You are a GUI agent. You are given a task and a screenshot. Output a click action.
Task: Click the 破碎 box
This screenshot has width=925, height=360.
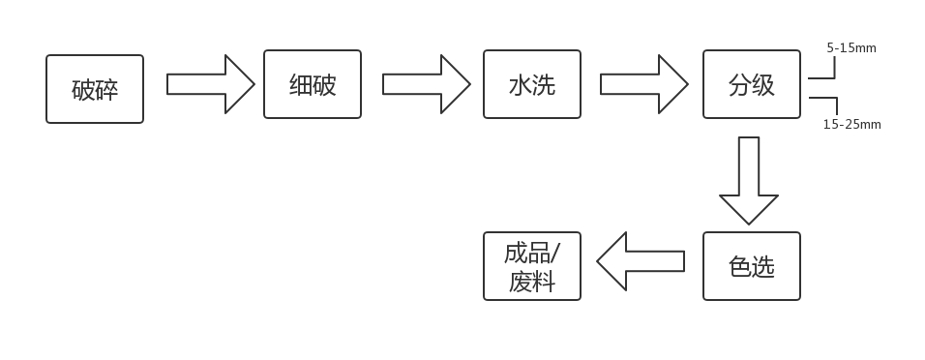pos(95,89)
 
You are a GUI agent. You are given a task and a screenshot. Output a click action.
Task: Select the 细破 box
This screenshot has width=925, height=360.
pos(313,84)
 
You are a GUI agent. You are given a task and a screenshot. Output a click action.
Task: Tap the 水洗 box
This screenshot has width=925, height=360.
pos(532,84)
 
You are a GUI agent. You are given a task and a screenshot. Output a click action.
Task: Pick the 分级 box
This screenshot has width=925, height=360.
pos(752,84)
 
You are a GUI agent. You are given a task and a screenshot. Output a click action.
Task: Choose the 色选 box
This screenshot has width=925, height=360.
pos(752,266)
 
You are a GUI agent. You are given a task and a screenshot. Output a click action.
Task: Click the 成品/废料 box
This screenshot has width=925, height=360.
pos(532,266)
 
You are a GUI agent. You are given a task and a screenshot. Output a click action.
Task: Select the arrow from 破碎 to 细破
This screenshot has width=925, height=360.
pos(210,84)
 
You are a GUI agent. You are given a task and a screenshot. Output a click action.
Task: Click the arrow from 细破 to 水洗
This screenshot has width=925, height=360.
pos(426,84)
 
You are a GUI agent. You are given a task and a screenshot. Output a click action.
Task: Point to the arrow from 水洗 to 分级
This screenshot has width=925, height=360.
pos(643,84)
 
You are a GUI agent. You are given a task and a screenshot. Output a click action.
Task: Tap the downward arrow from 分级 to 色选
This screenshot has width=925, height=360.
pos(749,179)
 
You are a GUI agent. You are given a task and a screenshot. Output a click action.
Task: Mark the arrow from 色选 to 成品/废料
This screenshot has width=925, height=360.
pos(642,261)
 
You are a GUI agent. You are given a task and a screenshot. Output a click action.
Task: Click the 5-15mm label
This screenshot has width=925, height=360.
pos(850,46)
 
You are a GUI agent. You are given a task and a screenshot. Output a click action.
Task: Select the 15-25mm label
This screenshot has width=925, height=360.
pos(851,124)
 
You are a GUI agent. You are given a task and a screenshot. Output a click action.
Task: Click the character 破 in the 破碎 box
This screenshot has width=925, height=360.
pos(83,90)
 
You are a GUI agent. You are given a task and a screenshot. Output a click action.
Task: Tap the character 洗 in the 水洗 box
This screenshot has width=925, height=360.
pos(544,85)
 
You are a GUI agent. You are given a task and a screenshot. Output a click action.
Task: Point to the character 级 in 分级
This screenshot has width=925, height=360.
pos(763,85)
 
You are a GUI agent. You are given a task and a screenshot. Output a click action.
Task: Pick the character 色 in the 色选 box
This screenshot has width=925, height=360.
pos(740,267)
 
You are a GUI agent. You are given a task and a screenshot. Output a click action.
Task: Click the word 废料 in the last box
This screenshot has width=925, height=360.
pos(531,282)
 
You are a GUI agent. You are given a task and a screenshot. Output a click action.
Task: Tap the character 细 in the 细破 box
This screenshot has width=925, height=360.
pos(301,85)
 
